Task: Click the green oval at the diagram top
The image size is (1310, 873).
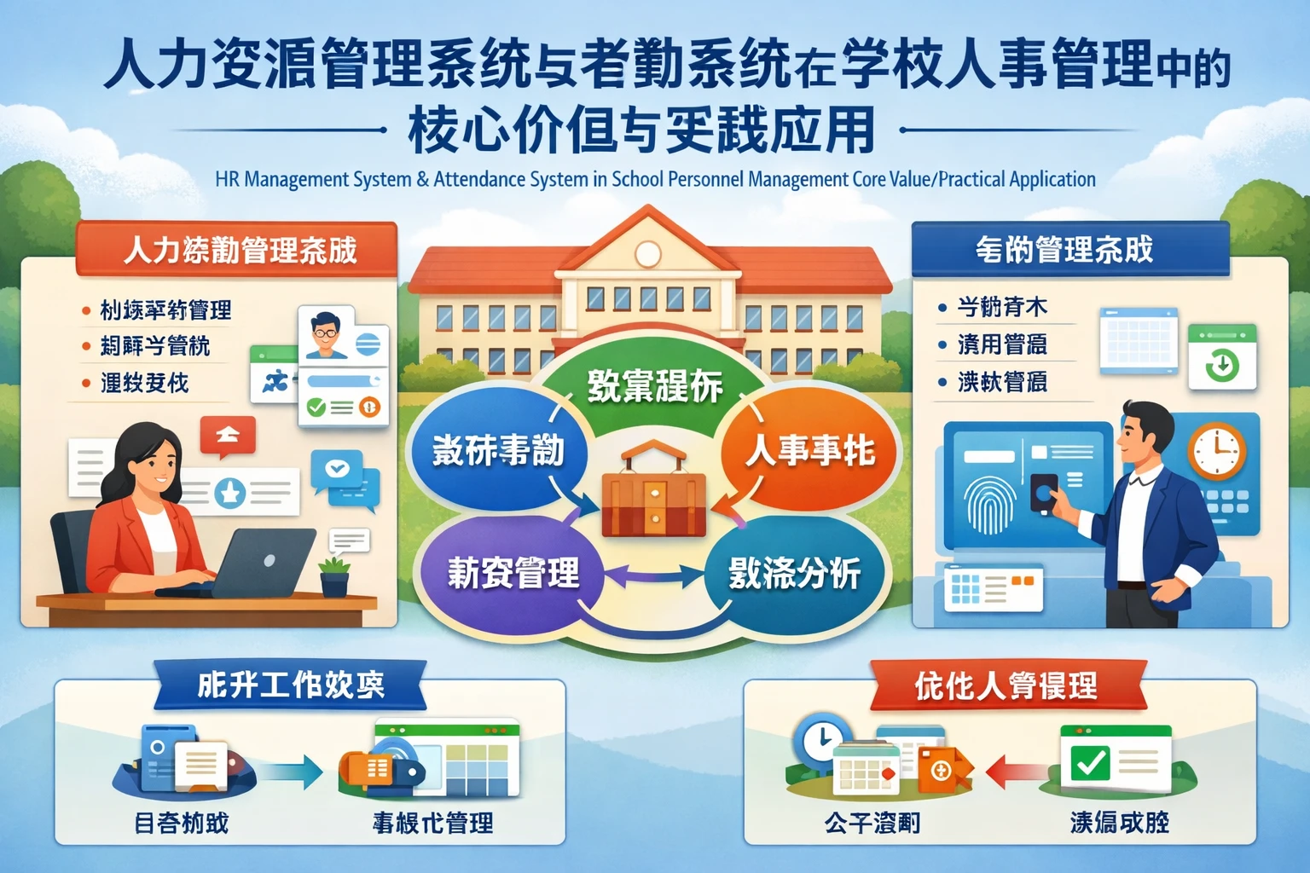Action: pyautogui.click(x=654, y=384)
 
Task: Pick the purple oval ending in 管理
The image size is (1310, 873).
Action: pyautogui.click(x=513, y=572)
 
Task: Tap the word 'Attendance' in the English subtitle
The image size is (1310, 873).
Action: pyautogui.click(x=479, y=180)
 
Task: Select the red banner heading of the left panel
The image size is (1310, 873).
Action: pyautogui.click(x=237, y=249)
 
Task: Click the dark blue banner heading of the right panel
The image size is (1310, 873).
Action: pyautogui.click(x=1069, y=249)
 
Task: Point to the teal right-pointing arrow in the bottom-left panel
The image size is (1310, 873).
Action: pyautogui.click(x=292, y=772)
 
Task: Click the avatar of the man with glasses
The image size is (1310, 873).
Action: pyautogui.click(x=325, y=334)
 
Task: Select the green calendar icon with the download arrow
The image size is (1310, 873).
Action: pyautogui.click(x=1222, y=357)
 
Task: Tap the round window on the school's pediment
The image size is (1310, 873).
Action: pyautogui.click(x=647, y=252)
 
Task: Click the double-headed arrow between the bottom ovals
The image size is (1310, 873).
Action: pyautogui.click(x=653, y=577)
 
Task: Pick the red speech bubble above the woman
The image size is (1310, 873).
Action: pyautogui.click(x=228, y=436)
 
